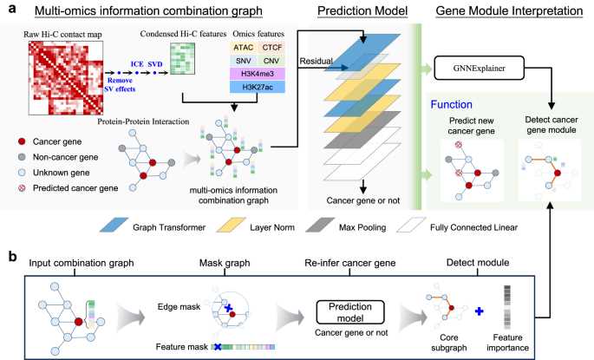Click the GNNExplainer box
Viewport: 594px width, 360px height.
coord(479,69)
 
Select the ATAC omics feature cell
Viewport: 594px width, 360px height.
coord(243,48)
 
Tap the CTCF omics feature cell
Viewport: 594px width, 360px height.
coord(271,48)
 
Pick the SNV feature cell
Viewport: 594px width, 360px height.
coord(243,61)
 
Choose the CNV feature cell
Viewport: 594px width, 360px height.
coord(271,61)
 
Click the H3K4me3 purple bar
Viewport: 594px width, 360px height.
coord(258,74)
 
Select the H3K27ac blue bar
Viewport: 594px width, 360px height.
coord(258,87)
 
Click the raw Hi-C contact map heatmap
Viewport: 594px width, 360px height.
coord(66,78)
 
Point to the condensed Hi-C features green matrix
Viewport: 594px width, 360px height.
coord(182,59)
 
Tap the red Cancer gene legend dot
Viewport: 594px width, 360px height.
coord(22,141)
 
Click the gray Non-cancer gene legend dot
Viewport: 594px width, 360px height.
coord(22,157)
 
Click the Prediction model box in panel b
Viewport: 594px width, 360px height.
coord(350,312)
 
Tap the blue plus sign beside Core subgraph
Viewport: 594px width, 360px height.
coord(480,311)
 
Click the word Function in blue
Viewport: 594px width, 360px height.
coord(451,105)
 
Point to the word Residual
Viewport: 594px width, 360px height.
coord(316,61)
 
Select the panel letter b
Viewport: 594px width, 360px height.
coord(13,257)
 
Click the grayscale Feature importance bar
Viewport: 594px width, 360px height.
coord(507,307)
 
